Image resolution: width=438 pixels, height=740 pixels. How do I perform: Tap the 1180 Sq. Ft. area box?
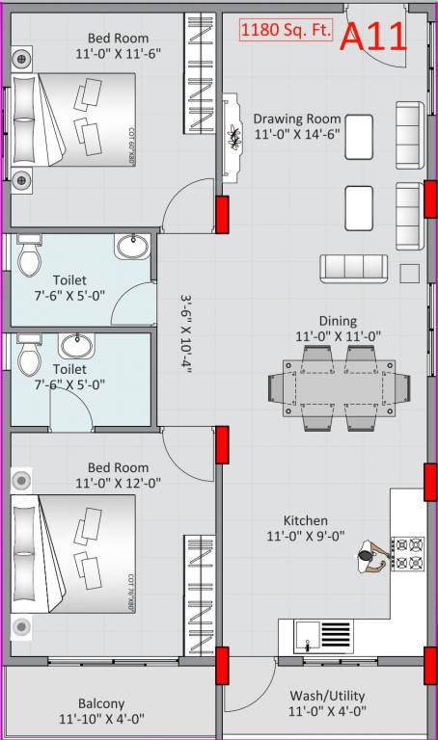click(287, 31)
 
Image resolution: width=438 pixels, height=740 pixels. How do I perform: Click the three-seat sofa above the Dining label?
click(354, 266)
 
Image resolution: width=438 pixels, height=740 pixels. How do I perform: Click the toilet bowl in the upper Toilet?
click(30, 257)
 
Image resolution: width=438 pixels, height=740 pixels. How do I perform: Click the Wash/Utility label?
click(327, 696)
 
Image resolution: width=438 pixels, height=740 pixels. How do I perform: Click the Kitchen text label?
click(305, 520)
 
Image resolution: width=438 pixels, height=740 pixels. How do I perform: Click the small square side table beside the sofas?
click(409, 274)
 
